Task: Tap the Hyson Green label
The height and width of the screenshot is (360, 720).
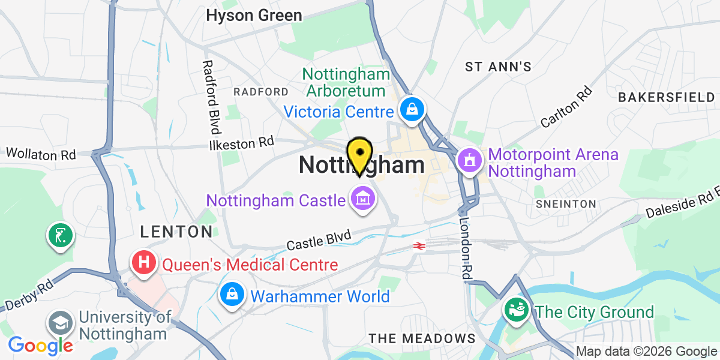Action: point(254,15)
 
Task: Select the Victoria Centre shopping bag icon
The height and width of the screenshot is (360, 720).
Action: point(413,109)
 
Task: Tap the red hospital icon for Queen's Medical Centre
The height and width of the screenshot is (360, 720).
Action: point(144,263)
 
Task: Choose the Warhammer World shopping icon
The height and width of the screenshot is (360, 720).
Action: point(232,295)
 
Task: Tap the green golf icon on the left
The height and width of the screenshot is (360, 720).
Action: point(61,235)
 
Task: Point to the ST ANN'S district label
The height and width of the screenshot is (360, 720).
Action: point(498,67)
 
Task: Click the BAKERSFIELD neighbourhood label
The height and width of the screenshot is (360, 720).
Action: point(666,97)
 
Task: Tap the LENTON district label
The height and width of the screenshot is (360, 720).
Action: point(176,231)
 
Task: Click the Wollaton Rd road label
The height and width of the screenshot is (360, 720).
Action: point(41,154)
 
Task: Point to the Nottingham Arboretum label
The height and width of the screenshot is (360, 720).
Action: point(345,83)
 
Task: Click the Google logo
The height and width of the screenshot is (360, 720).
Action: point(41,345)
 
